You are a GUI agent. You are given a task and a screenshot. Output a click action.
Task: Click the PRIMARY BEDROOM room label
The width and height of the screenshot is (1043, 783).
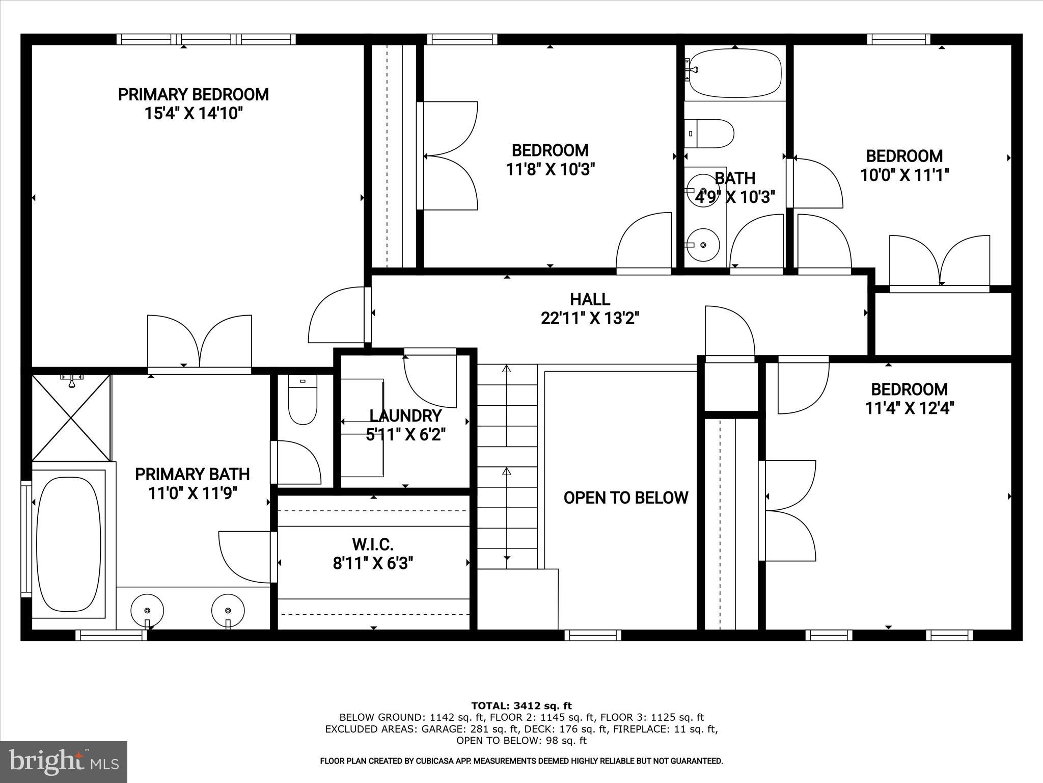point(193,95)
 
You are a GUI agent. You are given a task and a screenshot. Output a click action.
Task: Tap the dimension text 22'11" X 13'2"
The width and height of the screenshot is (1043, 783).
point(590,319)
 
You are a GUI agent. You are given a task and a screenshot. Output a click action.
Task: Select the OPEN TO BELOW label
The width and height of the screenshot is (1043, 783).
point(625,498)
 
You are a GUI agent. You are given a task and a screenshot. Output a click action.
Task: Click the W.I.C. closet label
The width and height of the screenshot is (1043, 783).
point(373,544)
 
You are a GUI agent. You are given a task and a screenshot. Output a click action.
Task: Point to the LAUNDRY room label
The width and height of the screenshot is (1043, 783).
point(405,415)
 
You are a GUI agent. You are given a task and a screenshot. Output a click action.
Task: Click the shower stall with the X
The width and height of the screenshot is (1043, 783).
point(71,417)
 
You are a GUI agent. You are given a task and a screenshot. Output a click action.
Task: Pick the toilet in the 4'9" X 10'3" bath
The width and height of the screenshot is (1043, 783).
point(710,134)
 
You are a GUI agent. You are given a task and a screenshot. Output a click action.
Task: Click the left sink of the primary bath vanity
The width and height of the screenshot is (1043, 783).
point(147,610)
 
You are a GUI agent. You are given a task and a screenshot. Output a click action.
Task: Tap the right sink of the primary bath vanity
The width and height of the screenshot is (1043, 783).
point(228,610)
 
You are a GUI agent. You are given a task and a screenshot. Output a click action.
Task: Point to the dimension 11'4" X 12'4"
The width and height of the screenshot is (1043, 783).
point(909,408)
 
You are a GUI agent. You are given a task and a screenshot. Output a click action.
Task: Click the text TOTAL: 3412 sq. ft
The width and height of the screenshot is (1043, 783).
point(521,706)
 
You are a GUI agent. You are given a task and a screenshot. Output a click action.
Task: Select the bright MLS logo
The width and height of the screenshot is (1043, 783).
point(64,762)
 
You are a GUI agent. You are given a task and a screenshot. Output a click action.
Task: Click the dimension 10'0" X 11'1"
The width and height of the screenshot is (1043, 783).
point(904,175)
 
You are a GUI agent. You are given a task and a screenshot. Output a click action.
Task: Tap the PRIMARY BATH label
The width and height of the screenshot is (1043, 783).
point(192,474)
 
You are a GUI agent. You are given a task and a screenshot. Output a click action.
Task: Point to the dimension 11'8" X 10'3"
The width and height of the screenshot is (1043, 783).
point(550,169)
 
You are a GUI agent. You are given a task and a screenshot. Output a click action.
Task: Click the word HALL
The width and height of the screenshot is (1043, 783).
point(590,299)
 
